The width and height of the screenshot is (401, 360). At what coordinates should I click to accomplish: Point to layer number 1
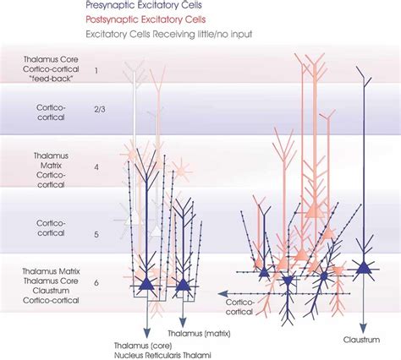[x=96, y=70]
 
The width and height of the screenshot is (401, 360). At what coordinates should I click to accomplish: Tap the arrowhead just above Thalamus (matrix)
[x=184, y=312]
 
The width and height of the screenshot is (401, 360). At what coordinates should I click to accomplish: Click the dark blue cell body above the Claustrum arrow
[x=363, y=269]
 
